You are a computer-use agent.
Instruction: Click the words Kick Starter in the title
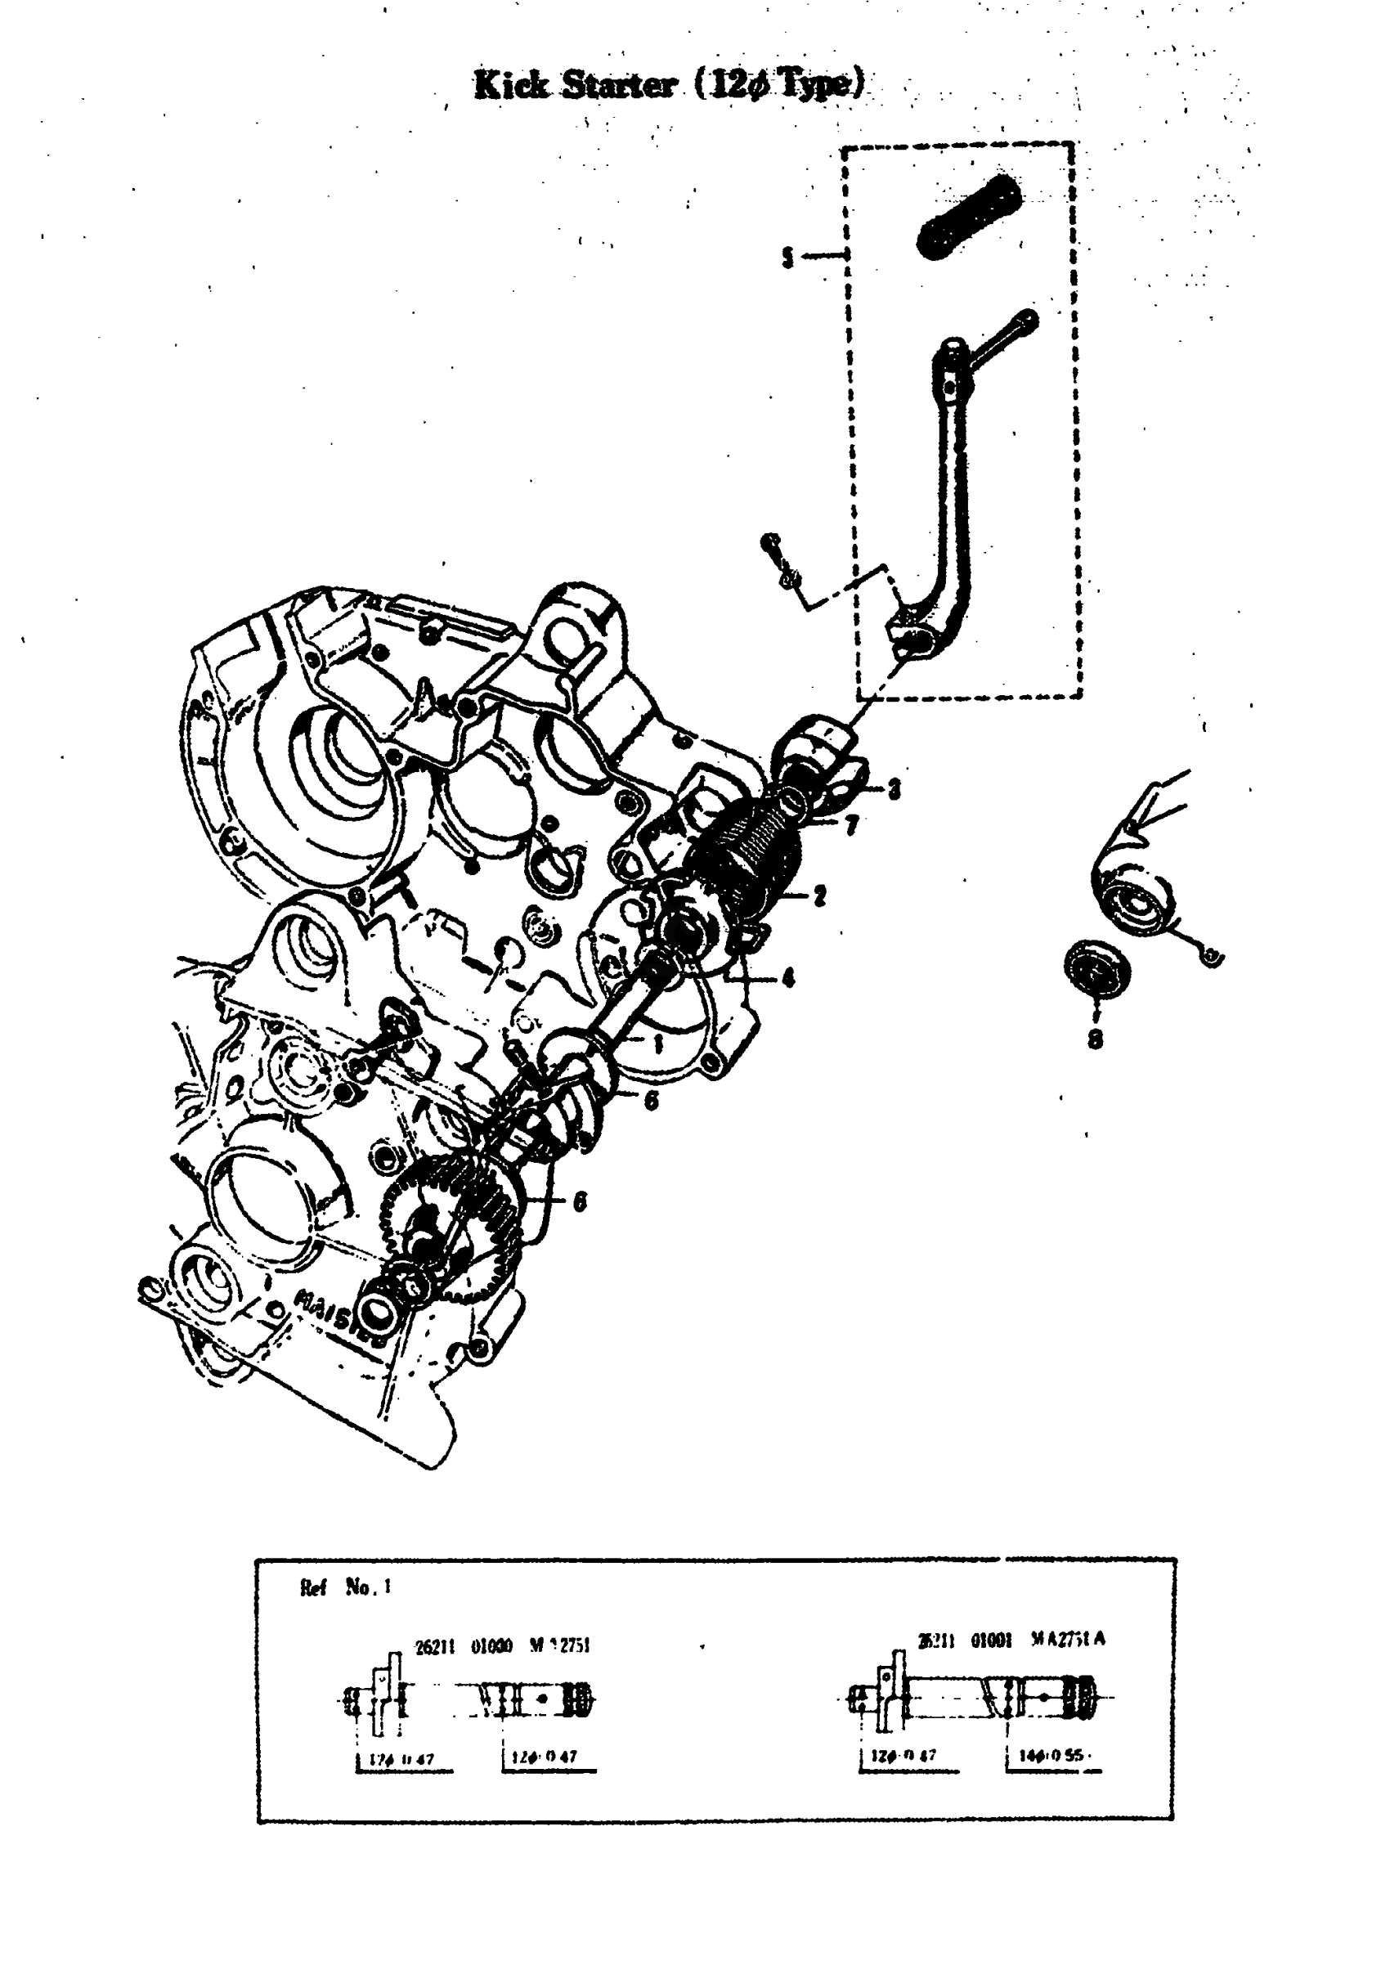[x=575, y=85]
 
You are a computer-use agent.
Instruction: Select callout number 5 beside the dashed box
[x=787, y=256]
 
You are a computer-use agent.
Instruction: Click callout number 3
[x=894, y=789]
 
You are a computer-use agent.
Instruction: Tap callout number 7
[x=850, y=827]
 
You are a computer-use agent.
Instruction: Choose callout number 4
[x=787, y=978]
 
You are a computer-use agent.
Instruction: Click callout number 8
[x=1094, y=1040]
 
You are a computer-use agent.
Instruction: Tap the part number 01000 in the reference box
[x=491, y=1645]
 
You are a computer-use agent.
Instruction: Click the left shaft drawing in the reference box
[x=469, y=1699]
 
